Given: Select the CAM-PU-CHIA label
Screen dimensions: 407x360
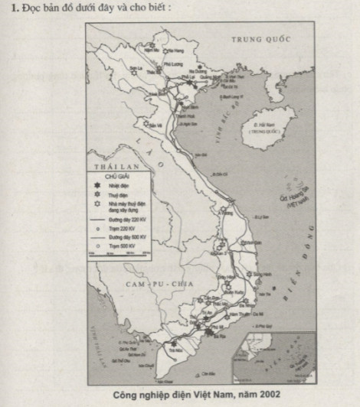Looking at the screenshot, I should point(146,281).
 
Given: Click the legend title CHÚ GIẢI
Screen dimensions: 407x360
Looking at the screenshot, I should point(109,176).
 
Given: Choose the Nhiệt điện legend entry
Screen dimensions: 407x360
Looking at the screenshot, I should point(119,186).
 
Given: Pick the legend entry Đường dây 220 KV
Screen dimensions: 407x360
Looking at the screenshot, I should point(123,220).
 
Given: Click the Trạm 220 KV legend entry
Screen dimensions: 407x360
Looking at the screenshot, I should point(117,229).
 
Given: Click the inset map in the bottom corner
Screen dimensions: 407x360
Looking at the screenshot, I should point(277,357).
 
